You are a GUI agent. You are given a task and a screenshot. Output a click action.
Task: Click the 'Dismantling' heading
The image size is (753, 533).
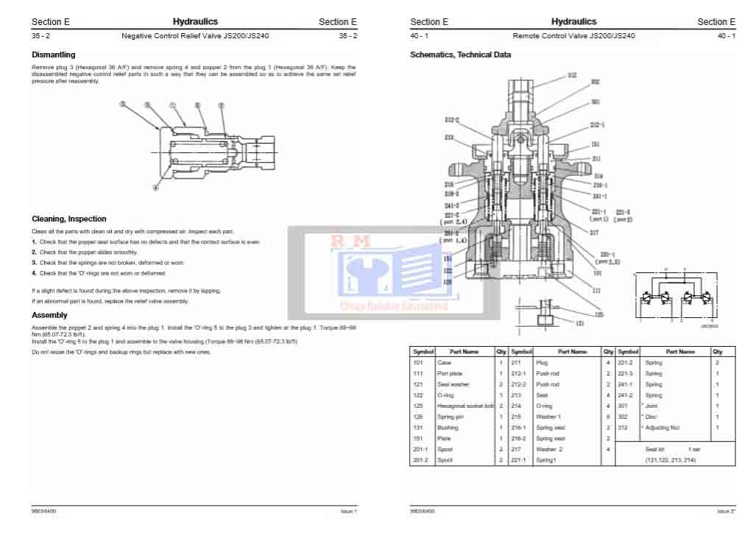53,54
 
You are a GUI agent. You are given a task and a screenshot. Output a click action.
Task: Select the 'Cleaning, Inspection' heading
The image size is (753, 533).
68,219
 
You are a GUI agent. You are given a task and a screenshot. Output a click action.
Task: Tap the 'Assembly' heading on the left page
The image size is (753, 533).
49,315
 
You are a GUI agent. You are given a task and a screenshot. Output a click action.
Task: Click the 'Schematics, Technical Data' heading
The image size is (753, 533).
460,54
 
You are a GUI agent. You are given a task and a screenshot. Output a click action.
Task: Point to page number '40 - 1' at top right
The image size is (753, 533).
726,35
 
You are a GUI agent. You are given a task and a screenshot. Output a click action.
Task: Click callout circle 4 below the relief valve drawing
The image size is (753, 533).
155,187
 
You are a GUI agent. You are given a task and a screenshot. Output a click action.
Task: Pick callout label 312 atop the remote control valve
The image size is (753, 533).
572,75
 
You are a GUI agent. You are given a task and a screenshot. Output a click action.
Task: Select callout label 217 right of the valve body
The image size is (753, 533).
594,232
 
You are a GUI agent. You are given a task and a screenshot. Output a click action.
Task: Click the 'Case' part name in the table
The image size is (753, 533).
444,362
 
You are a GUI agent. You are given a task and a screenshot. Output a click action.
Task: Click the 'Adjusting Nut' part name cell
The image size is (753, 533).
662,427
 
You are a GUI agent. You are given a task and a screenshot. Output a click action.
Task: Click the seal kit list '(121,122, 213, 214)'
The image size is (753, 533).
670,460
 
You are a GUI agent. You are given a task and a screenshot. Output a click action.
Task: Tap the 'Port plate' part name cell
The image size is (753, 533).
450,373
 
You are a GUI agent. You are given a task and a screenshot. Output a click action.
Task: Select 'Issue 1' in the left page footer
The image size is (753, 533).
348,511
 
